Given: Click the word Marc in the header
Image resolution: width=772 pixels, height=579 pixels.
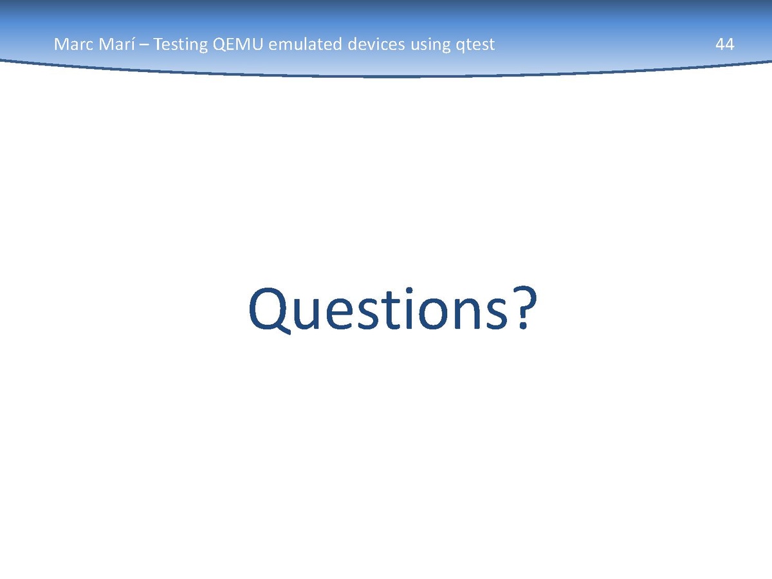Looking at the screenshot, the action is [x=74, y=44].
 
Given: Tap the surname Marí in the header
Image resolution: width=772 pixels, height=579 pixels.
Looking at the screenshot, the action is [x=117, y=44].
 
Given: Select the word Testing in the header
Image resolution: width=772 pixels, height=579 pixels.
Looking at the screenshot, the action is [x=180, y=45].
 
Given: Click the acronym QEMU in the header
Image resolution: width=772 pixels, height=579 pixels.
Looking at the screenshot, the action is [x=238, y=44].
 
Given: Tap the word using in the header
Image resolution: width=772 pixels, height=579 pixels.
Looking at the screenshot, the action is [x=430, y=46].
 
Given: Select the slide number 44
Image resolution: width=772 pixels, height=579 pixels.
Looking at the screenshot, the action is [x=724, y=44].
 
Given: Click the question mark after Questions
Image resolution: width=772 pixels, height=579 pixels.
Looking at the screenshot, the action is [x=525, y=308].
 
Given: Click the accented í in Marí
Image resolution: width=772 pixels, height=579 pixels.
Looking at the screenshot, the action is [x=133, y=44].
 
